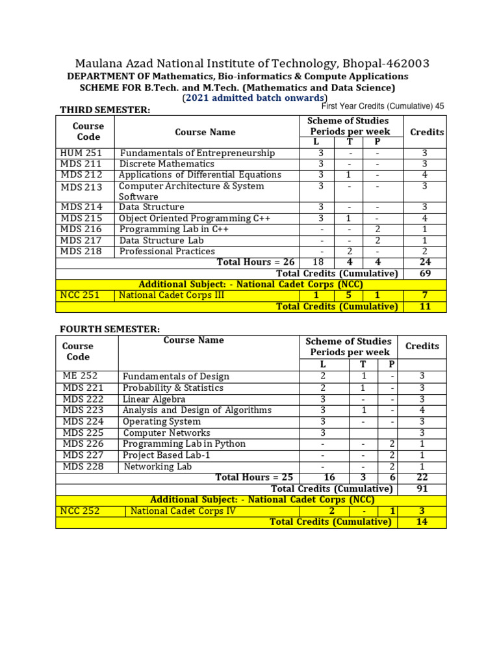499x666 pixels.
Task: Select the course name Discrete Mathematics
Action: pyautogui.click(x=166, y=164)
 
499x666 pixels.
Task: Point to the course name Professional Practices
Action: pyautogui.click(x=167, y=251)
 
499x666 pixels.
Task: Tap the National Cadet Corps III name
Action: pyautogui.click(x=172, y=295)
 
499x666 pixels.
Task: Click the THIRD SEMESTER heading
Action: pyautogui.click(x=105, y=110)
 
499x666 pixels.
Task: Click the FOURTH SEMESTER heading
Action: pyautogui.click(x=109, y=329)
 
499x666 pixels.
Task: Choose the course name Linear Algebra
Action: pyautogui.click(x=154, y=399)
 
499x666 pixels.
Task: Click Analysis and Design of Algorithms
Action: pyautogui.click(x=197, y=410)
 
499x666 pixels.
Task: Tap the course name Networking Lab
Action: pyautogui.click(x=158, y=466)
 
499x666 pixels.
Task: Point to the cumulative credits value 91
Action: pyautogui.click(x=422, y=488)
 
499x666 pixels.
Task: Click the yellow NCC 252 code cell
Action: pyautogui.click(x=80, y=511)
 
